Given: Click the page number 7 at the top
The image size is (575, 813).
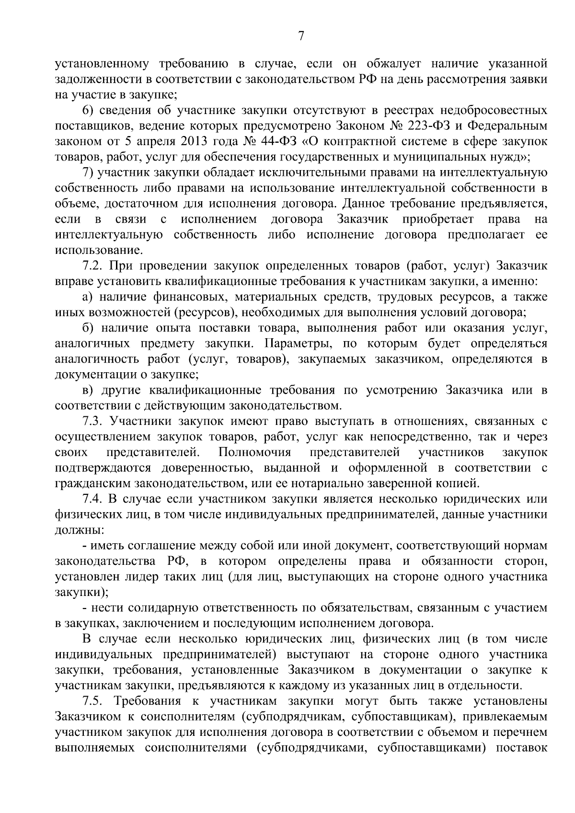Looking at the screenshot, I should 301,36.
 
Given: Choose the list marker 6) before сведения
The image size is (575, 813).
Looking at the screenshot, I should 87,111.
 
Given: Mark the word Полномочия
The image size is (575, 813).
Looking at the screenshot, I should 254,453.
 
